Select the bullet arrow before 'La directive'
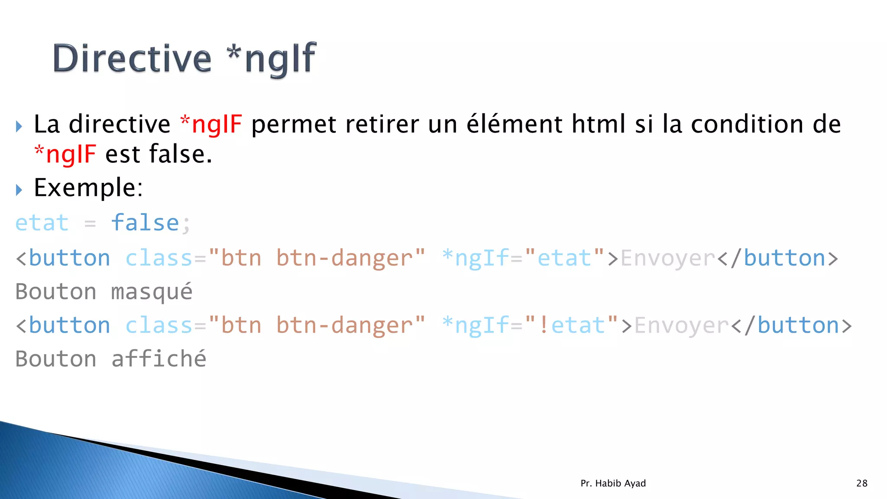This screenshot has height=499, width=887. coord(19,126)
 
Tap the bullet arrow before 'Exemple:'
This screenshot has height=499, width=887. coord(19,190)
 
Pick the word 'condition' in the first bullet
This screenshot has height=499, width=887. coord(747,124)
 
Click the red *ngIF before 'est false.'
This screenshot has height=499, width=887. coord(65,155)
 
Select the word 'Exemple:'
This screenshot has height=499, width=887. coord(88,188)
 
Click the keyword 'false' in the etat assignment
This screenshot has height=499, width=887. coord(145,223)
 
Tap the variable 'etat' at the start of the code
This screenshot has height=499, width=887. coord(42,223)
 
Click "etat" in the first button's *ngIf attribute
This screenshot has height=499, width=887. coord(564,258)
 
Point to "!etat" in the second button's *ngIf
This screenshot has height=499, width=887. coord(571,325)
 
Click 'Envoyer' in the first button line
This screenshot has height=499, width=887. coord(667,258)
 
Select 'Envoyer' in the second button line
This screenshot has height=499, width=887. coord(681,325)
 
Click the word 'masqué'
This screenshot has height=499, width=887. coord(152,292)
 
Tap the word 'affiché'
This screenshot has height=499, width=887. coord(159,359)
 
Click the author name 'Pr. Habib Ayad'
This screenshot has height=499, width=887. coord(613,483)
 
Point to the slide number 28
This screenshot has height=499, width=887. coord(862,483)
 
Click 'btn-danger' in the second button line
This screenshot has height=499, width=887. coord(344,325)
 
